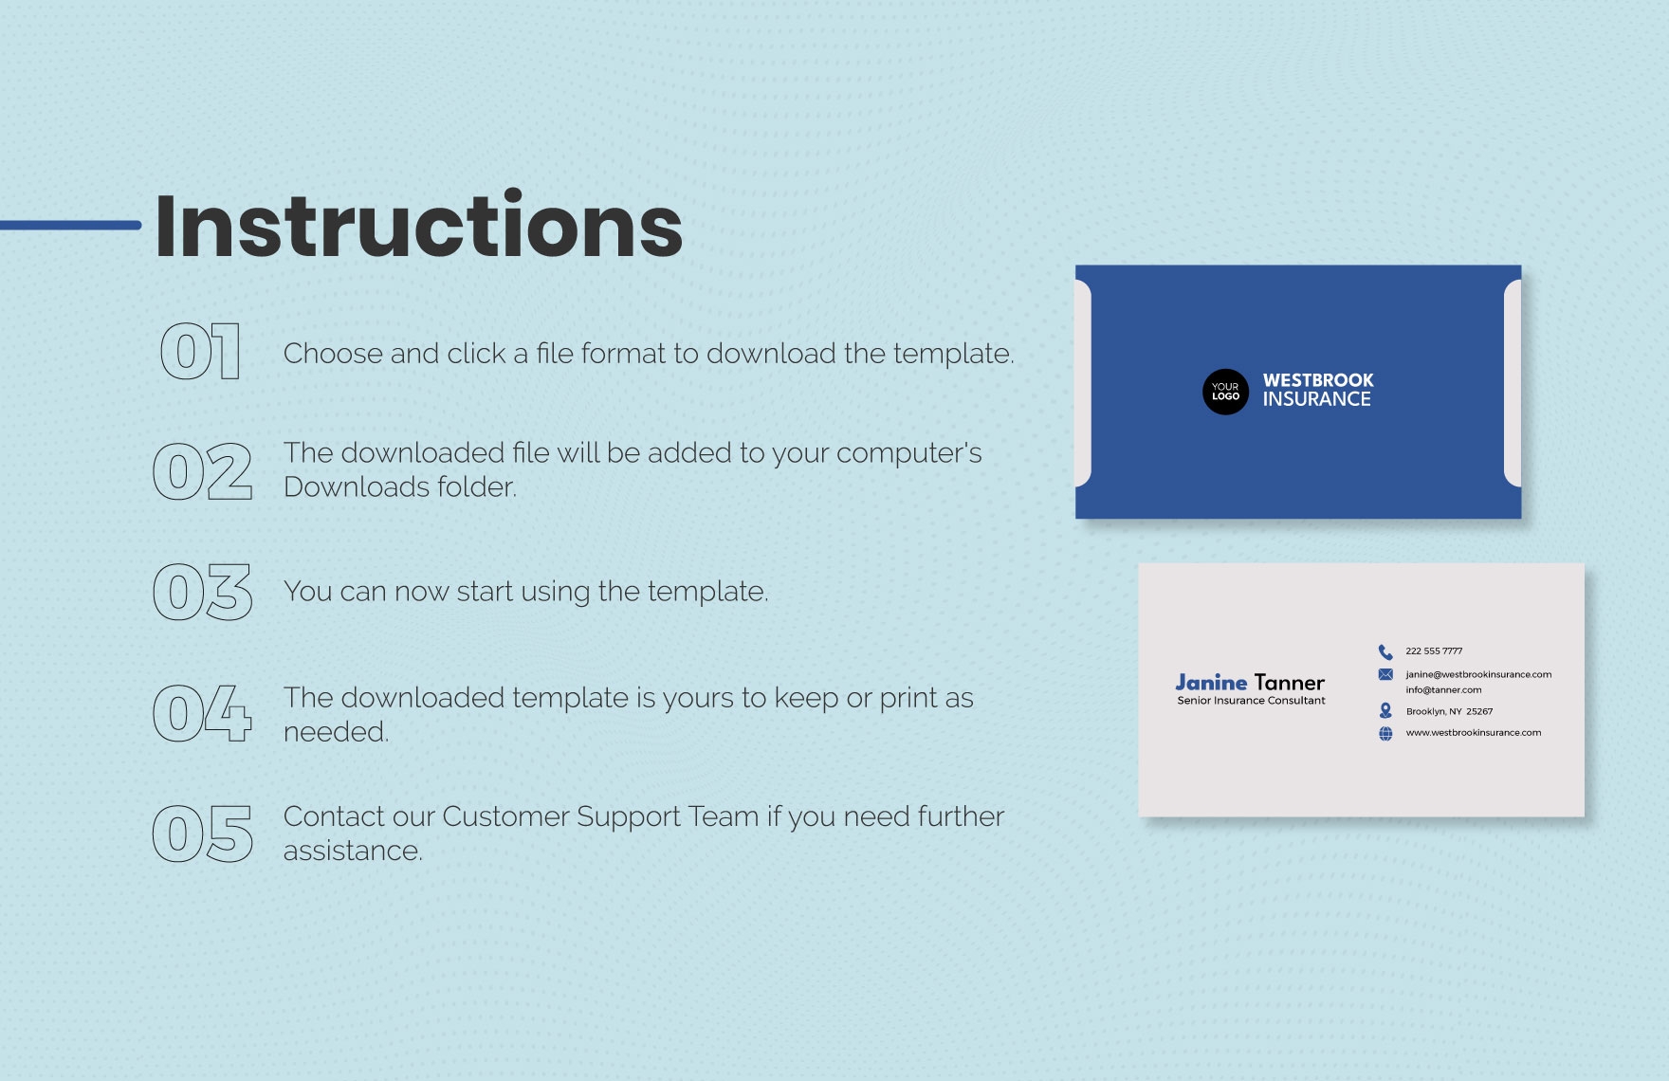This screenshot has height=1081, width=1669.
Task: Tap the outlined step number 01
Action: click(x=200, y=353)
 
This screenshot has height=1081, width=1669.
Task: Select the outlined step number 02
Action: click(x=203, y=471)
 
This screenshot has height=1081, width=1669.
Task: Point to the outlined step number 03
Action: click(x=203, y=592)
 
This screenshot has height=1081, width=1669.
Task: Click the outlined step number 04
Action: click(x=203, y=713)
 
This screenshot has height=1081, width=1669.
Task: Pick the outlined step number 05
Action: click(x=203, y=834)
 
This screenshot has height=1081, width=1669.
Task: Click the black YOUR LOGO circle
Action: click(x=1225, y=392)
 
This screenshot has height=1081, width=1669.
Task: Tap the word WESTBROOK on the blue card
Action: click(x=1318, y=380)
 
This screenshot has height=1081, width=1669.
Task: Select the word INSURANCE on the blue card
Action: click(x=1316, y=399)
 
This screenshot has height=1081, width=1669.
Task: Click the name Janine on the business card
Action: click(x=1211, y=682)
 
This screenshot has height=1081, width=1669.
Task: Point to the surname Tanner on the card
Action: click(x=1290, y=682)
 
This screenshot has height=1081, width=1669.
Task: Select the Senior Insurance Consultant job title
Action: click(x=1251, y=701)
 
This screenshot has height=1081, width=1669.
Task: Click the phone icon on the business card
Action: click(x=1385, y=651)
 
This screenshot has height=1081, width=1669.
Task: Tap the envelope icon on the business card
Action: click(x=1385, y=674)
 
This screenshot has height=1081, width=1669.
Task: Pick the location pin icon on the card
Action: click(x=1385, y=710)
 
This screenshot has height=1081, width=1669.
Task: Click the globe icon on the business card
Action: click(x=1385, y=733)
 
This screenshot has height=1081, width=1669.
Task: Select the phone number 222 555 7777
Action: click(x=1434, y=651)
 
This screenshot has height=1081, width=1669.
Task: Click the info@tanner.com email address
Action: click(x=1443, y=690)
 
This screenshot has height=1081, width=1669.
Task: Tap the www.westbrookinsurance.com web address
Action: click(x=1474, y=733)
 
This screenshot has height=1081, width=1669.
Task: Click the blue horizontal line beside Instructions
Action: click(x=70, y=225)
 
